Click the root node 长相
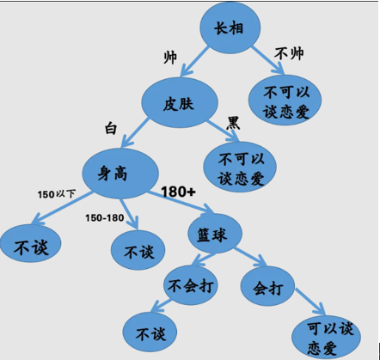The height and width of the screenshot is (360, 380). [x=230, y=27]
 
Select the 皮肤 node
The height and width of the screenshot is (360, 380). [x=180, y=102]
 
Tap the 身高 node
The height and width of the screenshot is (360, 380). [x=120, y=174]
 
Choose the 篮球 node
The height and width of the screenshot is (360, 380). [x=215, y=234]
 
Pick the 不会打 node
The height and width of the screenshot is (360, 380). [x=191, y=285]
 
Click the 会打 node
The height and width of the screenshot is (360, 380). [x=267, y=286]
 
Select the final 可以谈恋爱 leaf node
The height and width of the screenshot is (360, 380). [x=326, y=337]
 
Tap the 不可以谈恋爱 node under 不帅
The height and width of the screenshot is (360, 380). [x=285, y=100]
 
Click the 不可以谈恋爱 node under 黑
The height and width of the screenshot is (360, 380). [x=240, y=167]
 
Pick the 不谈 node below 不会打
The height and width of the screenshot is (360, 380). [x=150, y=333]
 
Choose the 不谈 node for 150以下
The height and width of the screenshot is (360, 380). [x=31, y=244]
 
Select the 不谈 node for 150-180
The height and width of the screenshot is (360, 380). [x=138, y=250]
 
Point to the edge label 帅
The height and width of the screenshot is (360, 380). [x=170, y=58]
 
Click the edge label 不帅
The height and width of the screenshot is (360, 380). [x=289, y=53]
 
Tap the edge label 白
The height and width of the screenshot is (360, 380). [x=111, y=128]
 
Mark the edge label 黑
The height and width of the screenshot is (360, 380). [x=233, y=123]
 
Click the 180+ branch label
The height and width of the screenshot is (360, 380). [x=178, y=192]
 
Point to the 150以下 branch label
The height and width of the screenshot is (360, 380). [x=57, y=194]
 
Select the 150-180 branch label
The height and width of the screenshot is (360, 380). [x=105, y=218]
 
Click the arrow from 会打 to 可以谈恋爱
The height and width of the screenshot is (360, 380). [x=310, y=302]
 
